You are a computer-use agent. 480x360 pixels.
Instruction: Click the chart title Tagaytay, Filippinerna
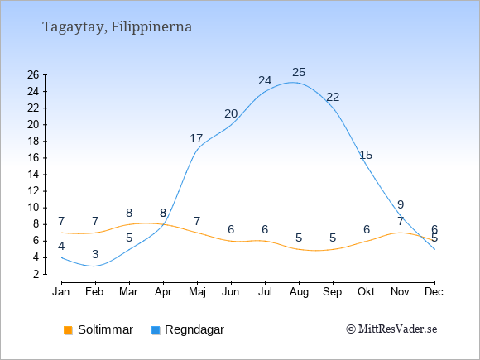(117, 27)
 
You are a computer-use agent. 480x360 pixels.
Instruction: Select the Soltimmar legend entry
(98, 329)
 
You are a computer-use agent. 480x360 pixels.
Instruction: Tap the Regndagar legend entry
(188, 329)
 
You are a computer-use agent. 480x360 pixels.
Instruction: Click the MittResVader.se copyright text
(391, 329)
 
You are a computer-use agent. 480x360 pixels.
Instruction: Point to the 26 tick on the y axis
(33, 74)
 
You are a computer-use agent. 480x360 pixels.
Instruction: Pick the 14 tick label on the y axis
(33, 175)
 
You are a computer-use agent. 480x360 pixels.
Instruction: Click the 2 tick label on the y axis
(36, 274)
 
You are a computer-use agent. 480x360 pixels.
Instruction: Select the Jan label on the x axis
(61, 292)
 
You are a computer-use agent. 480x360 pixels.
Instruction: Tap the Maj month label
(197, 292)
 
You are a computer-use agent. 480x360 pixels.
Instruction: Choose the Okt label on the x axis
(366, 292)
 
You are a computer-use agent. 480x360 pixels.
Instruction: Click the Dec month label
(434, 292)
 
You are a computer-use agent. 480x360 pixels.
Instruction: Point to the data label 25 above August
(299, 73)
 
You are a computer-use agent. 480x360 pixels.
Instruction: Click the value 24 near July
(265, 81)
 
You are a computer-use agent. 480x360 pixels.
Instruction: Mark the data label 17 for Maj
(196, 139)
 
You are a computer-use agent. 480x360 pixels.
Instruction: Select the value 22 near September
(333, 98)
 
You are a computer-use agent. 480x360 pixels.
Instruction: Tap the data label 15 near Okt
(366, 156)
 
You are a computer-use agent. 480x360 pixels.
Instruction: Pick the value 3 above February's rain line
(95, 254)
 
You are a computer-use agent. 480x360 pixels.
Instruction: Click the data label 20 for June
(231, 114)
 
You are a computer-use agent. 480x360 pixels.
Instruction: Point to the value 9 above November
(401, 204)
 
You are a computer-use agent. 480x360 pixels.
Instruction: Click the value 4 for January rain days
(61, 246)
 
